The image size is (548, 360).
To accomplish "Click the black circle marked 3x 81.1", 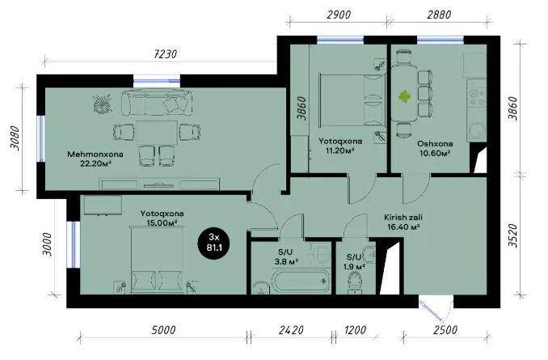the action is (214, 243).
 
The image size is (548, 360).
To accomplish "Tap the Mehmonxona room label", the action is (95, 154).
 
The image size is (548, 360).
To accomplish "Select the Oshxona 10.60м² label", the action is (435, 148).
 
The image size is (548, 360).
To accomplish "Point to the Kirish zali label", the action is (403, 218).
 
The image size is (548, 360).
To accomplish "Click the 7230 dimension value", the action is (166, 54).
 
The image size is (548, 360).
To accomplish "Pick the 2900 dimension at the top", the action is (339, 15).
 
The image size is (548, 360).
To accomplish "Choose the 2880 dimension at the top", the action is (439, 15).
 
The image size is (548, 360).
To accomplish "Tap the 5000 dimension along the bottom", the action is (163, 330).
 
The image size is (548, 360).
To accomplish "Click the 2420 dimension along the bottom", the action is (291, 330).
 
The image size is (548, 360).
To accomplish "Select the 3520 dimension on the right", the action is (512, 235).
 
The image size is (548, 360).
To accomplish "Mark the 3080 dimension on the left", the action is (15, 138).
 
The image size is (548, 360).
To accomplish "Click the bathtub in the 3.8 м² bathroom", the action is (301, 281).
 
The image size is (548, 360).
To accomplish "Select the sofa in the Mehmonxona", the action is (157, 103).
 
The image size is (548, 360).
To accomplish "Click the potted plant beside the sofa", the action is (103, 104).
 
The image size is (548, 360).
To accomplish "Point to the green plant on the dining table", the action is (404, 96).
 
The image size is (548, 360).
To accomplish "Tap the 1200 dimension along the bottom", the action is (355, 330).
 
